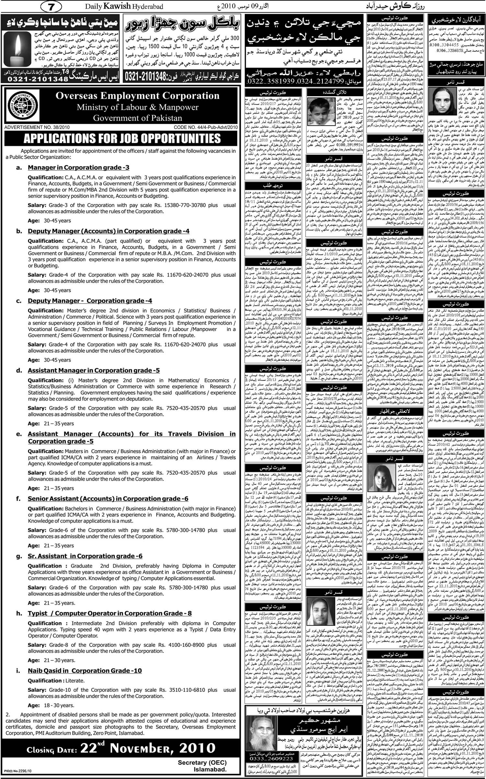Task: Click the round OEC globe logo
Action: coord(21,107)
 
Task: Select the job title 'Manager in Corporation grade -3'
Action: coord(78,167)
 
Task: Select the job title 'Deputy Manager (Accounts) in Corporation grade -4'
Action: coord(109,231)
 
